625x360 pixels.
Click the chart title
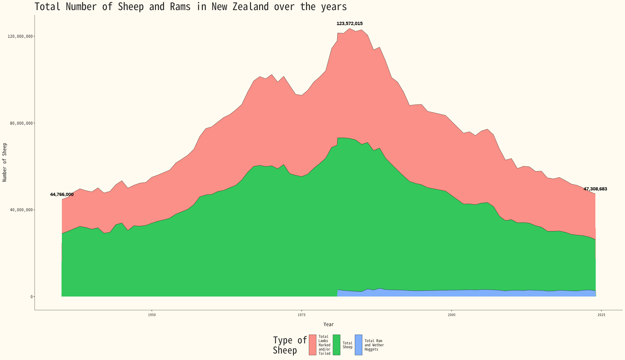point(190,7)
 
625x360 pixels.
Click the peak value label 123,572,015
point(349,23)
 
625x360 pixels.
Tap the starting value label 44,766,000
point(62,195)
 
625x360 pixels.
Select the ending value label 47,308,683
point(595,189)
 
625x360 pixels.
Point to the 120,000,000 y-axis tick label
point(20,36)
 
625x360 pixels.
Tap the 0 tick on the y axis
point(32,297)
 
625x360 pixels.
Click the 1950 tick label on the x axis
point(152,315)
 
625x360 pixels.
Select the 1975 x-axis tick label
point(301,315)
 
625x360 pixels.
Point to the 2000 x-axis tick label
point(451,315)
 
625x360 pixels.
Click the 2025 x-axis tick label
point(601,315)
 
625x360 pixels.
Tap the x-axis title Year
point(328,325)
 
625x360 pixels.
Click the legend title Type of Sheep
point(289,345)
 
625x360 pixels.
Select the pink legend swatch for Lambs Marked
point(312,345)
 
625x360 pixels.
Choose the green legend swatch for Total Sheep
point(337,345)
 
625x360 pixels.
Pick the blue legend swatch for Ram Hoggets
point(358,345)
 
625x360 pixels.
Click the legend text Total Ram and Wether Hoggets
point(374,345)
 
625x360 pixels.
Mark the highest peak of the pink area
point(350,29)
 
